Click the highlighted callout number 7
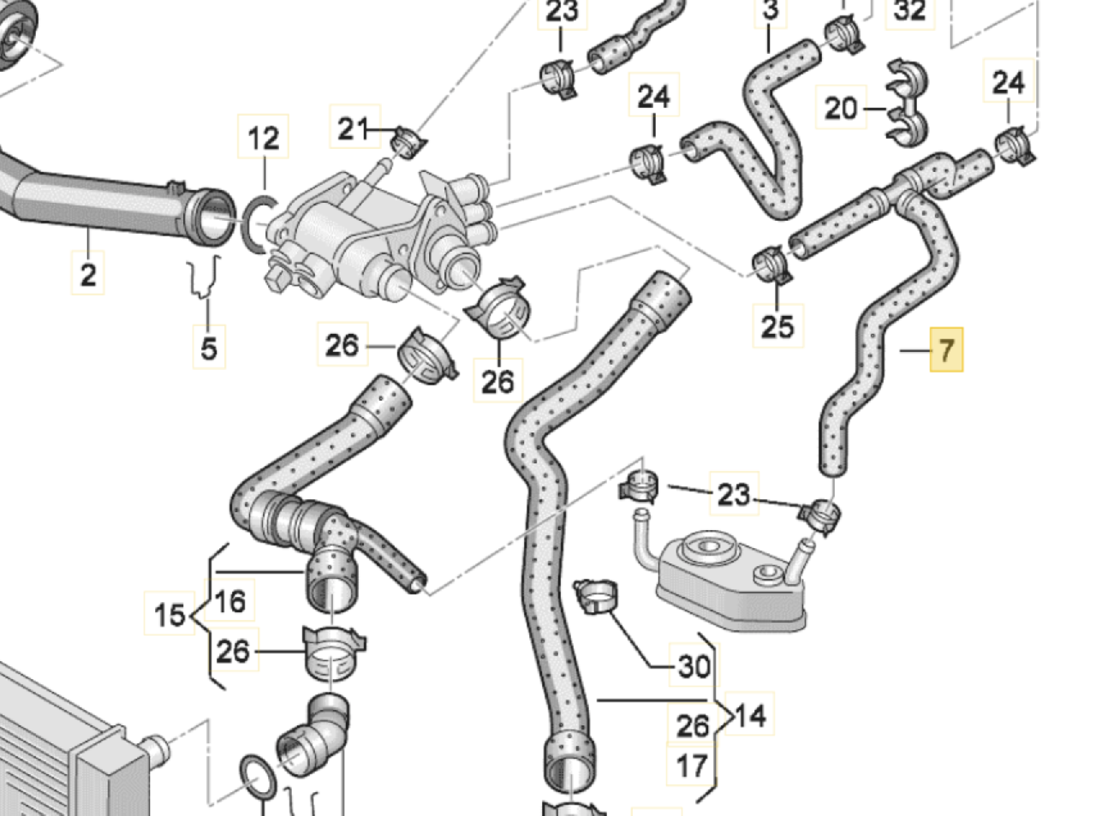tap(946, 349)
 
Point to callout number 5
tap(209, 347)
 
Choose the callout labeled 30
tap(694, 665)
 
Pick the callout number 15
tap(170, 614)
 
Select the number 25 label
tap(777, 325)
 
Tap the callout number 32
tap(909, 11)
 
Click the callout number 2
tap(87, 273)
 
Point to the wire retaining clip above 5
tap(204, 277)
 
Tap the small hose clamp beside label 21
tap(408, 142)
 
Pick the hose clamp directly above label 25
tap(771, 265)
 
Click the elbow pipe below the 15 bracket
tap(314, 731)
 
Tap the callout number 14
tap(750, 715)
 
